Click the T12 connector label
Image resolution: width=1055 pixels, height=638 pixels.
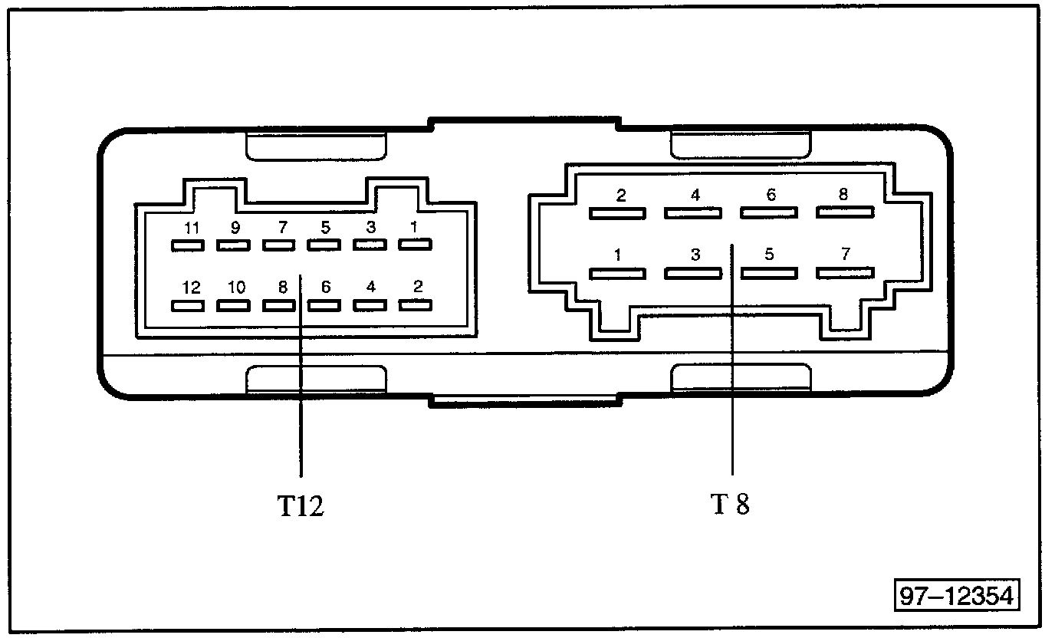pyautogui.click(x=301, y=506)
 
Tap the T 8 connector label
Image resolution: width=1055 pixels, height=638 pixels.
pyautogui.click(x=730, y=504)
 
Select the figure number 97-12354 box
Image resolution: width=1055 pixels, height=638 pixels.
pyautogui.click(x=957, y=596)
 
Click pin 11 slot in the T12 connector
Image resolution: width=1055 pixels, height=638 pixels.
pyautogui.click(x=187, y=245)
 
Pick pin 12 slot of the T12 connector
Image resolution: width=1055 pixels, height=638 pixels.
pyautogui.click(x=187, y=306)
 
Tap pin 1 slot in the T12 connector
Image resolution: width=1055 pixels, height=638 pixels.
pyautogui.click(x=415, y=244)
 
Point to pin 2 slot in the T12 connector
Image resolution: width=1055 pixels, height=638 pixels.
pyautogui.click(x=415, y=305)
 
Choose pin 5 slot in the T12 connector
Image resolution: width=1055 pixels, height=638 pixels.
pyautogui.click(x=324, y=245)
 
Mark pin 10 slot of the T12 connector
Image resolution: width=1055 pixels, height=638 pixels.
pyautogui.click(x=233, y=306)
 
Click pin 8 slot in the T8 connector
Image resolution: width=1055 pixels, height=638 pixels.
pyautogui.click(x=845, y=212)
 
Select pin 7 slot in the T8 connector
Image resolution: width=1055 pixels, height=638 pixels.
pyautogui.click(x=845, y=273)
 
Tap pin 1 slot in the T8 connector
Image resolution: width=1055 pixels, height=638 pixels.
pyautogui.click(x=617, y=274)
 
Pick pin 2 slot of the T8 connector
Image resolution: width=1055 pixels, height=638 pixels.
pyautogui.click(x=617, y=213)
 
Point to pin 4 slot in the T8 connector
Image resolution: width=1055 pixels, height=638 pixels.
pyautogui.click(x=693, y=213)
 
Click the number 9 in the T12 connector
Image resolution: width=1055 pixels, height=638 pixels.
pyautogui.click(x=235, y=228)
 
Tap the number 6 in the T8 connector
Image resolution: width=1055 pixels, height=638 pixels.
pyautogui.click(x=771, y=195)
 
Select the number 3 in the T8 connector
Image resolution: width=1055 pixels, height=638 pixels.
pyautogui.click(x=695, y=255)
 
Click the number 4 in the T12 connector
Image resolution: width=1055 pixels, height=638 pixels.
pyautogui.click(x=371, y=287)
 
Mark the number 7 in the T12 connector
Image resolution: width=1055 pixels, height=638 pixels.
pyautogui.click(x=283, y=228)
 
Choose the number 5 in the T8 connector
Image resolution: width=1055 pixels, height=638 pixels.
pyautogui.click(x=769, y=255)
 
